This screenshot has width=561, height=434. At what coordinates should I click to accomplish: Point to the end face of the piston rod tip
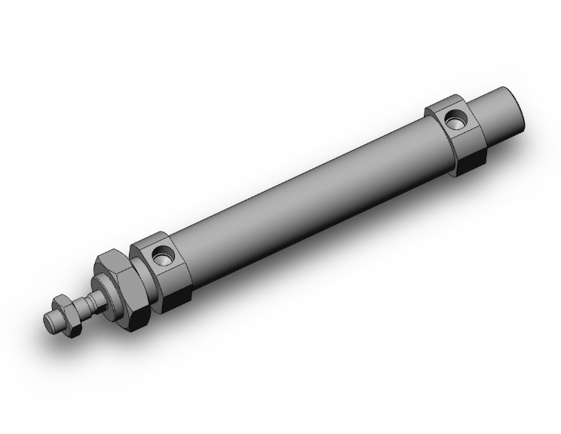coord(50,320)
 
